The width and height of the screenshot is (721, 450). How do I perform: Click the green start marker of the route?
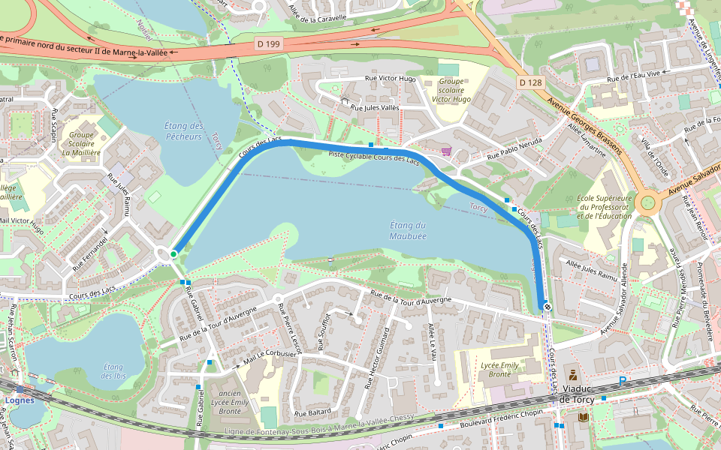173,254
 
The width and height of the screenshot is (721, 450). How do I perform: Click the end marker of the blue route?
548,305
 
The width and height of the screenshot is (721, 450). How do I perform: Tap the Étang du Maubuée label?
408,230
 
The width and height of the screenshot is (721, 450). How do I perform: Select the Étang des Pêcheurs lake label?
183,131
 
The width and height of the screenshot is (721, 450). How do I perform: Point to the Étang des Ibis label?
113,370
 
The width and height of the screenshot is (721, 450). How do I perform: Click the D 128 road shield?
529,82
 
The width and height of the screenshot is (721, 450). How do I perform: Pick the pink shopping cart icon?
446,151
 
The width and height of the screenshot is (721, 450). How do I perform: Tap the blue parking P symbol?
623,382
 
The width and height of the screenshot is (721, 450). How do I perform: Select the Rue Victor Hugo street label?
391,78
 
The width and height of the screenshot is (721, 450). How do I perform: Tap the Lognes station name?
20,400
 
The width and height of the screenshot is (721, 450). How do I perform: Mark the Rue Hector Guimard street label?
377,357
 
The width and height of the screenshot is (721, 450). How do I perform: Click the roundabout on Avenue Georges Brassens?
647,203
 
